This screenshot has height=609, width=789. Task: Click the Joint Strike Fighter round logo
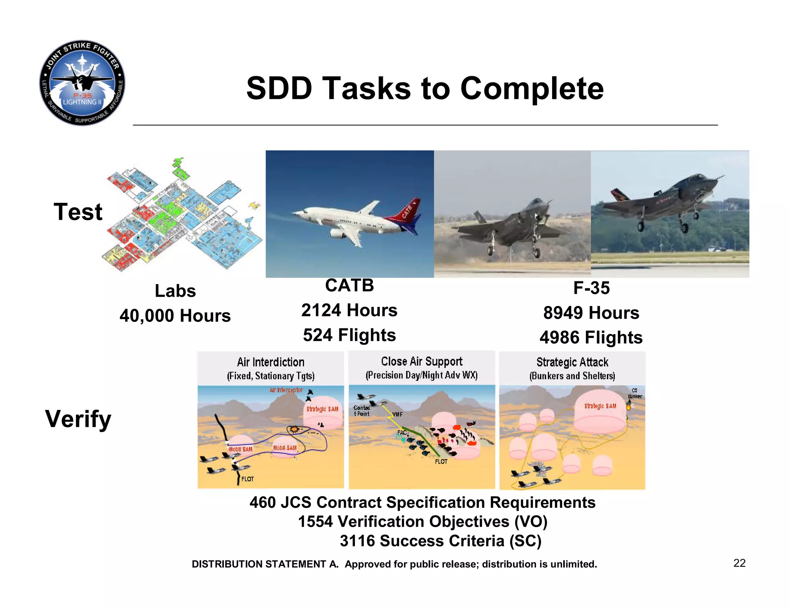click(82, 83)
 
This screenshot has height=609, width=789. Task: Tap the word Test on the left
click(78, 212)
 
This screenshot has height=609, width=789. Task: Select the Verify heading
click(78, 419)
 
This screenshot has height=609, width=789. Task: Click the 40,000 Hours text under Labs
click(175, 316)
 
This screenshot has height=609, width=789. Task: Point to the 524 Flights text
click(349, 335)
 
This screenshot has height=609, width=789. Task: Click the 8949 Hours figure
click(591, 313)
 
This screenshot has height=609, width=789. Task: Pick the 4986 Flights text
click(591, 338)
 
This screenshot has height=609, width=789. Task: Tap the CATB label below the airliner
click(349, 286)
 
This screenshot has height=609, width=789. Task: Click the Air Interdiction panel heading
click(270, 362)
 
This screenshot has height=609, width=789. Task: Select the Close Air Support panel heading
click(421, 361)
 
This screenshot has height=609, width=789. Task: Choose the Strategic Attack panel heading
click(572, 362)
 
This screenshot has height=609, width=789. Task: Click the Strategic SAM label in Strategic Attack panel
click(600, 406)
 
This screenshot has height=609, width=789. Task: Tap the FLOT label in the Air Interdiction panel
click(247, 479)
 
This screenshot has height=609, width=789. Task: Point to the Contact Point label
click(361, 411)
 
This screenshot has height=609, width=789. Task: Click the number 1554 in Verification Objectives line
click(315, 522)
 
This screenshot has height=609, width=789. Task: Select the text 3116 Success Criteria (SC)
click(440, 541)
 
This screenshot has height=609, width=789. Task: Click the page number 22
click(739, 563)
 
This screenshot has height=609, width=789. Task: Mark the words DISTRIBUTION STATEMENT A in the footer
click(265, 564)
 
